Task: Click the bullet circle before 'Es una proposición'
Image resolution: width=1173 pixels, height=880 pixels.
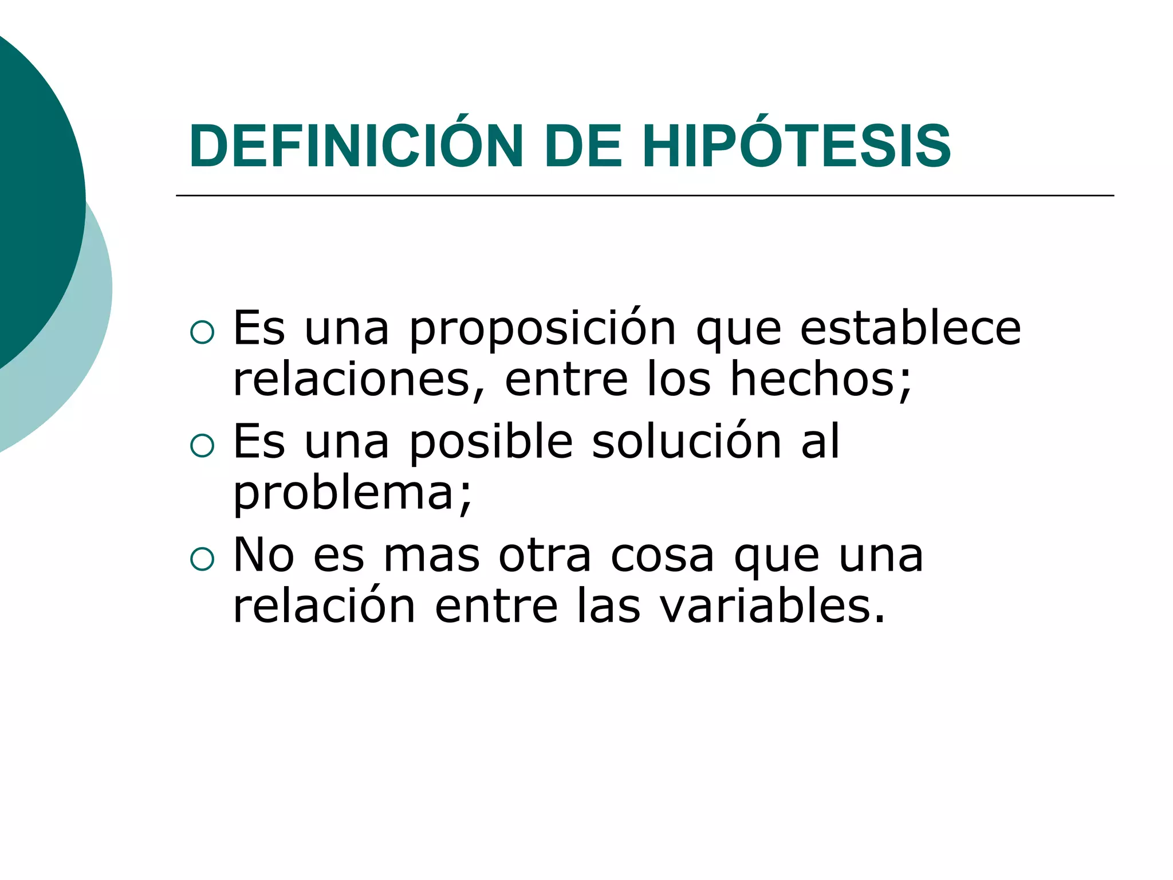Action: click(x=202, y=332)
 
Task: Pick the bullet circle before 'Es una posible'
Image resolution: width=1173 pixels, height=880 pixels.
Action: click(x=202, y=445)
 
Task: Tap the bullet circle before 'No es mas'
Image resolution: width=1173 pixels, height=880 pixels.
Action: click(x=202, y=559)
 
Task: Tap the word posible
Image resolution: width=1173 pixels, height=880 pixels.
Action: click(x=491, y=443)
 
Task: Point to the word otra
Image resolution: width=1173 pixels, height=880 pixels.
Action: click(x=545, y=556)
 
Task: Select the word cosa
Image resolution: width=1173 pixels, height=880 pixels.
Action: click(x=663, y=556)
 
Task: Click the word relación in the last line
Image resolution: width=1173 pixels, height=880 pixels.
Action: click(x=324, y=606)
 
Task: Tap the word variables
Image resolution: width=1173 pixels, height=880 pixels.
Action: click(x=765, y=606)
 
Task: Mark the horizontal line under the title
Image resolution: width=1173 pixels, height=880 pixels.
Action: click(x=644, y=196)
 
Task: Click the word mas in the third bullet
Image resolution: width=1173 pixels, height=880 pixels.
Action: click(x=431, y=556)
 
